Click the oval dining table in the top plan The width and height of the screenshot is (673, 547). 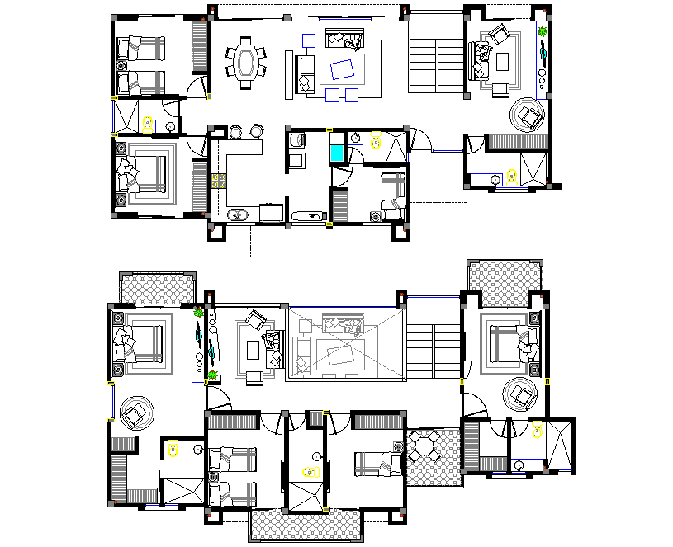pyautogui.click(x=246, y=62)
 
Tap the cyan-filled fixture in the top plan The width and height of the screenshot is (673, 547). pyautogui.click(x=338, y=152)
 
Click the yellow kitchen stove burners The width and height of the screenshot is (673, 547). pyautogui.click(x=220, y=182)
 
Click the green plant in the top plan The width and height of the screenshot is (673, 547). pyautogui.click(x=543, y=32)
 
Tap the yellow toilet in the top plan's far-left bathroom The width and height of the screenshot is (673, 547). pyautogui.click(x=149, y=124)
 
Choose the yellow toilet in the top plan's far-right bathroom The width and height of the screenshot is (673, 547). pyautogui.click(x=512, y=176)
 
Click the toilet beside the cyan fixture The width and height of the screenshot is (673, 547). pyautogui.click(x=376, y=141)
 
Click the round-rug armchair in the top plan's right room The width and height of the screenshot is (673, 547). pyautogui.click(x=528, y=115)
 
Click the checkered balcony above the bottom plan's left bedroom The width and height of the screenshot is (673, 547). pyautogui.click(x=157, y=289)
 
